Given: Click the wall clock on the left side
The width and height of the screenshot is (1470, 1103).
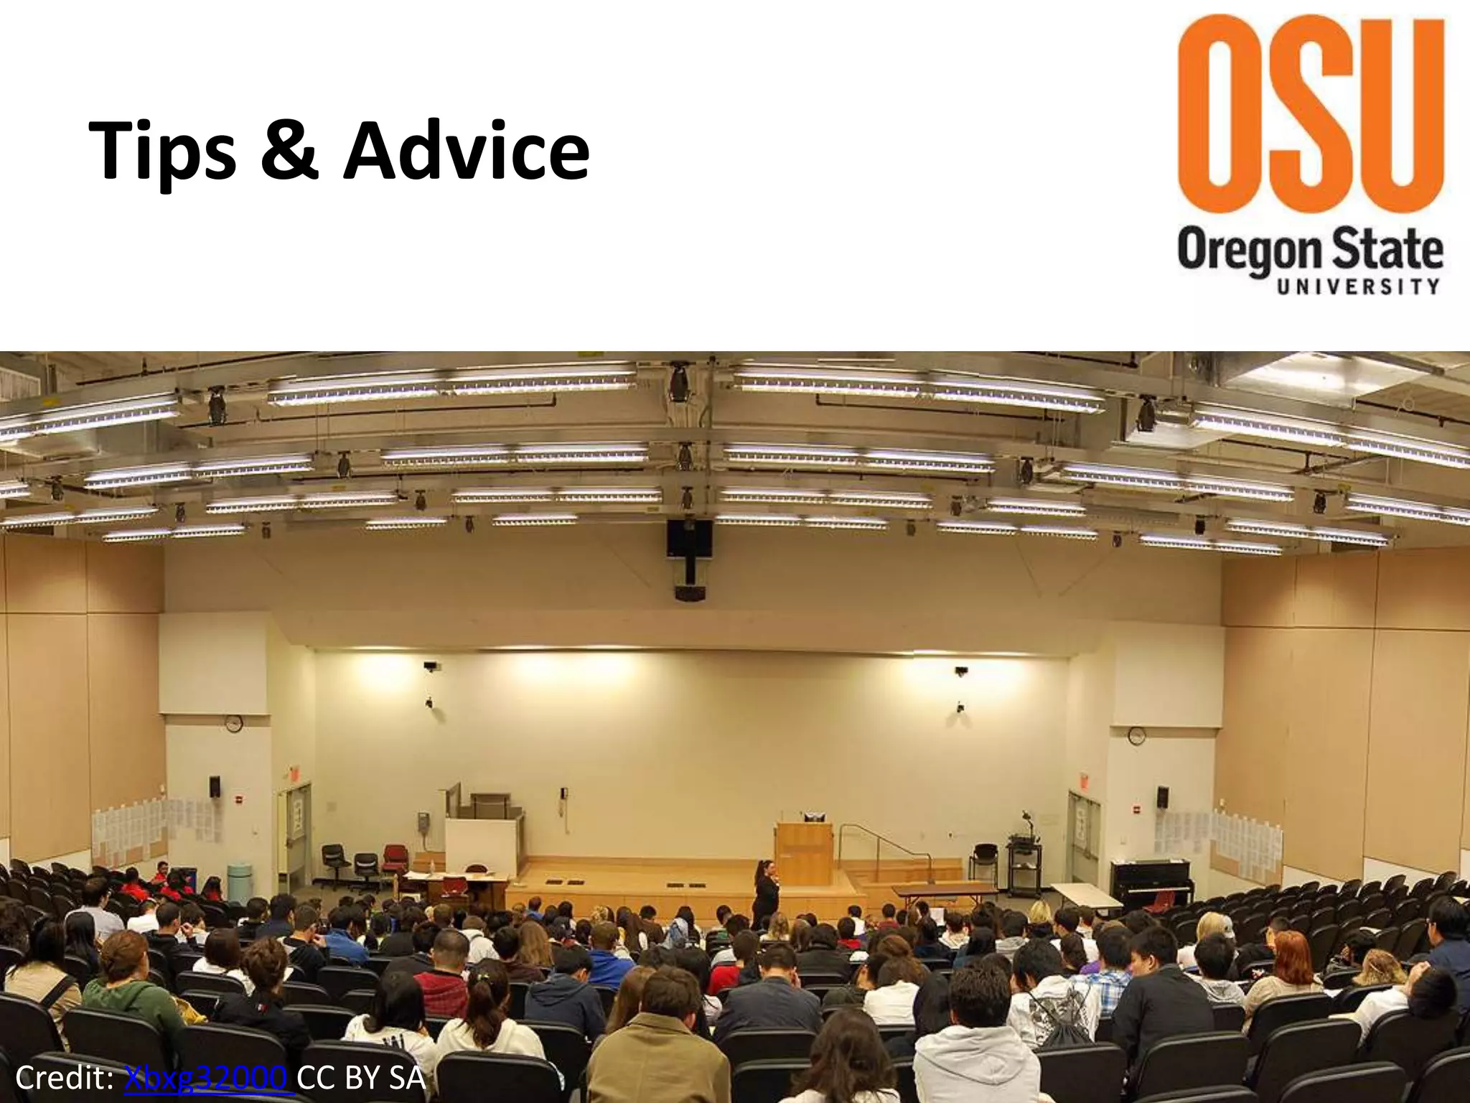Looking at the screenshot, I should [234, 723].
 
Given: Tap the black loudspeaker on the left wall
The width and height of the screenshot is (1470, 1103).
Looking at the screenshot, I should [215, 786].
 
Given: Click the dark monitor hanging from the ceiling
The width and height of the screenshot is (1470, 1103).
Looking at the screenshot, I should [689, 538].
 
